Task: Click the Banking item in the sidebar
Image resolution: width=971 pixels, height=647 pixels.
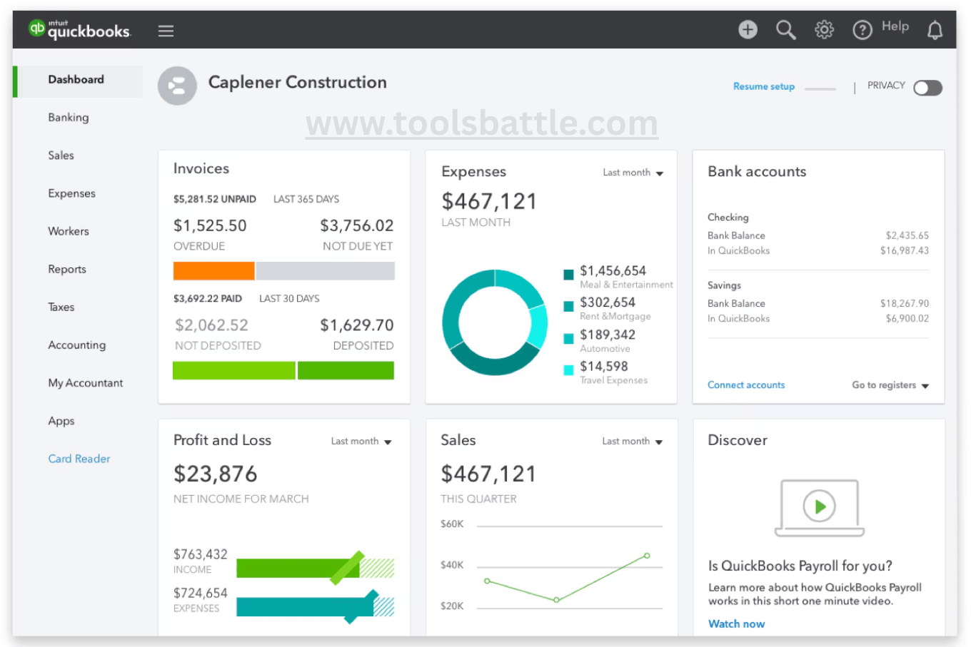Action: pyautogui.click(x=69, y=118)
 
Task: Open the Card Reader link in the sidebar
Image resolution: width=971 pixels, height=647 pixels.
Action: pyautogui.click(x=79, y=459)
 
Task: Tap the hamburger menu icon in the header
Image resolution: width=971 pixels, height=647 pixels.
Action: pyautogui.click(x=166, y=31)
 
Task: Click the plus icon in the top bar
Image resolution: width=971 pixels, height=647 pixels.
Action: pyautogui.click(x=748, y=29)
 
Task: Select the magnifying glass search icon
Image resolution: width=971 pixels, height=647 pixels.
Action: pyautogui.click(x=785, y=30)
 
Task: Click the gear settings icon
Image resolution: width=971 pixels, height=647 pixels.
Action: pyautogui.click(x=824, y=30)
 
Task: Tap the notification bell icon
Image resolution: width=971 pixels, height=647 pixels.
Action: pyautogui.click(x=935, y=30)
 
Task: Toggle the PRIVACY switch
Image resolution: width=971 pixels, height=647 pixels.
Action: pyautogui.click(x=927, y=88)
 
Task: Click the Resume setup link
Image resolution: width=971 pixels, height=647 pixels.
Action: pyautogui.click(x=763, y=86)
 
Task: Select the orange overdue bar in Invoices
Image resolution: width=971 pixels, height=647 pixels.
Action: pyautogui.click(x=213, y=271)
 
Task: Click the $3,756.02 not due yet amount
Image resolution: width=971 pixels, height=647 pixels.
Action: pyautogui.click(x=356, y=226)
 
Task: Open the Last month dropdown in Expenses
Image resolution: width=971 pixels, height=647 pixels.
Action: pyautogui.click(x=633, y=173)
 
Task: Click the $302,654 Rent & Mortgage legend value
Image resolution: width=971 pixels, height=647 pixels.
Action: pyautogui.click(x=608, y=302)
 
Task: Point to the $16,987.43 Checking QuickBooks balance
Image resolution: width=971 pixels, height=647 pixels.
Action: pyautogui.click(x=904, y=250)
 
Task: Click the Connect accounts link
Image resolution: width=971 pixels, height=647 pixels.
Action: pyautogui.click(x=745, y=385)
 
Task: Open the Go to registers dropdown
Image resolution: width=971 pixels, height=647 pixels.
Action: pyautogui.click(x=890, y=385)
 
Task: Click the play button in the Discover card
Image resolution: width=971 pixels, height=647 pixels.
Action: pyautogui.click(x=819, y=506)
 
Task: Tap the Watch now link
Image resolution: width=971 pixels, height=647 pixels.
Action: pyautogui.click(x=736, y=623)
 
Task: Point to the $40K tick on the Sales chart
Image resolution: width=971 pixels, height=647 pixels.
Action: pyautogui.click(x=452, y=565)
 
